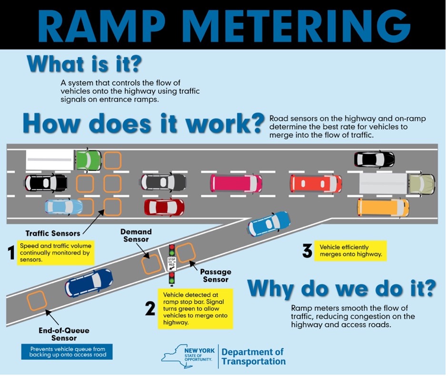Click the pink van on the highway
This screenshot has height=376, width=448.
click(x=236, y=183)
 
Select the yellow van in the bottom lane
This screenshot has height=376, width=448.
click(x=383, y=207)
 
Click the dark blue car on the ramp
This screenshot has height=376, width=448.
click(x=89, y=283)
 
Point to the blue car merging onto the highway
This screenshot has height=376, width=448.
click(x=269, y=223)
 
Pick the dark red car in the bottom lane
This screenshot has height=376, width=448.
click(x=164, y=207)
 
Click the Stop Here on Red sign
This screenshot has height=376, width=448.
click(x=172, y=264)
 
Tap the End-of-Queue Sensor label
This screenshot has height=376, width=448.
click(x=64, y=334)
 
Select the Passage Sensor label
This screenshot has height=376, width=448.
click(x=216, y=276)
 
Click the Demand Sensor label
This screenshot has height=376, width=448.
click(x=136, y=235)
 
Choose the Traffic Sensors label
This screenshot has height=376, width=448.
click(x=53, y=233)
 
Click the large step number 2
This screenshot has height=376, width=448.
click(x=150, y=309)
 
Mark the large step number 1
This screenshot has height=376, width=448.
click(x=11, y=252)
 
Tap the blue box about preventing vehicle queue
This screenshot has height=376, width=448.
click(x=67, y=352)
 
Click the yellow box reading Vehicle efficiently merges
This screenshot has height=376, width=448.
click(x=350, y=251)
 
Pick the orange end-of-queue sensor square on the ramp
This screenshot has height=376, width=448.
click(x=37, y=300)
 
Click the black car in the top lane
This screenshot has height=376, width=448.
click(x=374, y=159)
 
